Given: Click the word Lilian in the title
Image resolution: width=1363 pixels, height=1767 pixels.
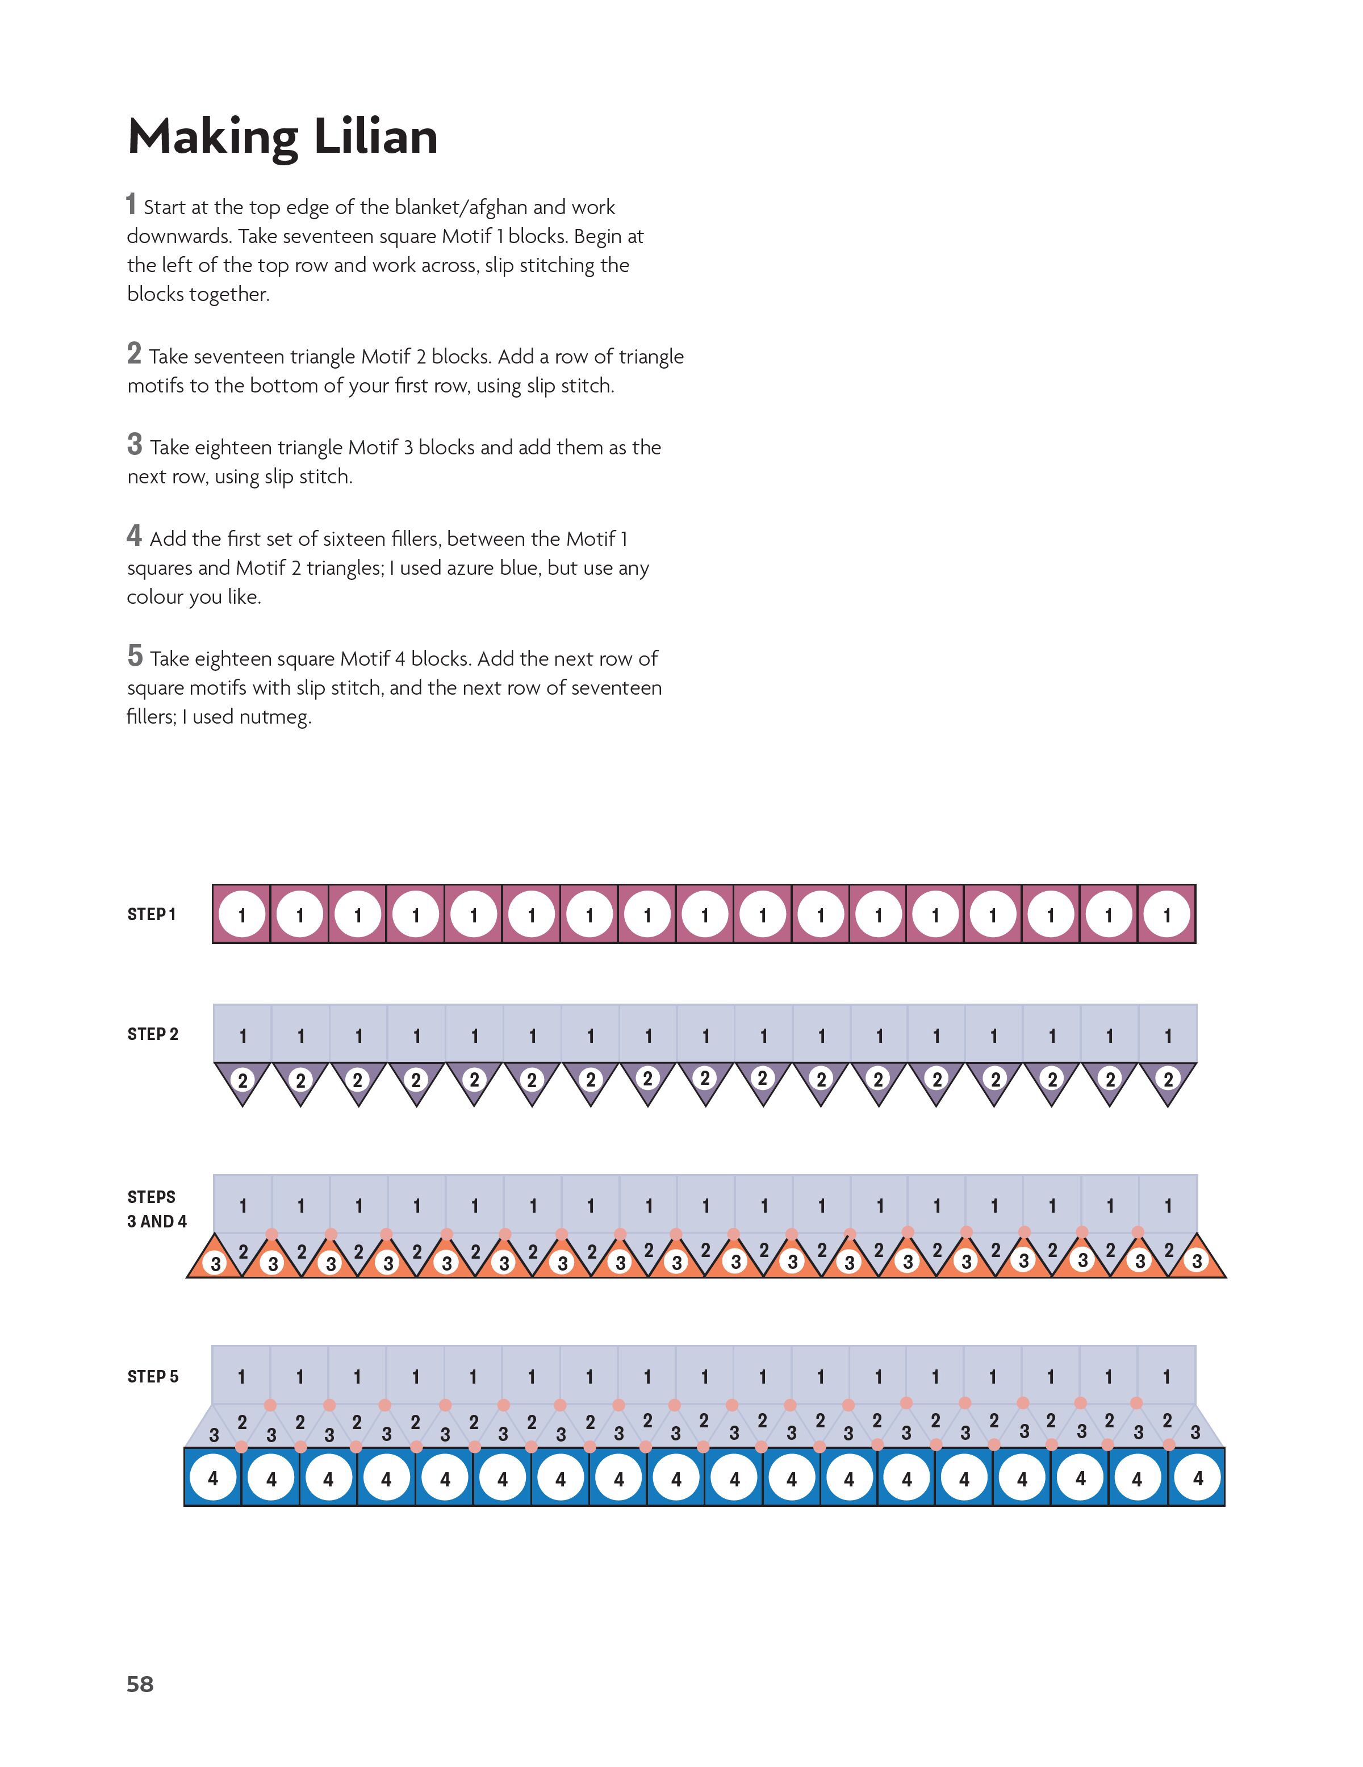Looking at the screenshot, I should click(375, 137).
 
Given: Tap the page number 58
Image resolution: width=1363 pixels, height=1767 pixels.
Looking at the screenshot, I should click(140, 1684).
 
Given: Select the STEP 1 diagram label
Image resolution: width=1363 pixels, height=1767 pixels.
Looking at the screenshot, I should click(151, 914).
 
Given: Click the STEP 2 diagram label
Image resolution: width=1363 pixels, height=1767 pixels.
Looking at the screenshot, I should click(152, 1034).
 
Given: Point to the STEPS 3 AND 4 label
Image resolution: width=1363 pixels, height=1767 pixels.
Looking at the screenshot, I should click(156, 1209).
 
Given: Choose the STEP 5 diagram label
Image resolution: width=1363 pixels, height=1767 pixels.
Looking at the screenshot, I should click(152, 1376).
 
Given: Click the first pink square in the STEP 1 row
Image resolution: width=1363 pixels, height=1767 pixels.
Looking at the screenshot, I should click(241, 914).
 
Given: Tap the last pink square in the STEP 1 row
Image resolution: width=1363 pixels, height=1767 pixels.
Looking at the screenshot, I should click(1167, 914).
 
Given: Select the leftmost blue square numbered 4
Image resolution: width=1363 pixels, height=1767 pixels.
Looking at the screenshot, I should click(213, 1478).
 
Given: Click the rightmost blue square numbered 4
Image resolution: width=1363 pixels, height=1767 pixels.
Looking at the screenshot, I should click(1197, 1478).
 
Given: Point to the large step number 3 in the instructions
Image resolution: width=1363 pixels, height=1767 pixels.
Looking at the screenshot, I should click(134, 444).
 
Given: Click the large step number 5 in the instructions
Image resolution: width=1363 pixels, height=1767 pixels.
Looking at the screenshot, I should click(134, 655).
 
